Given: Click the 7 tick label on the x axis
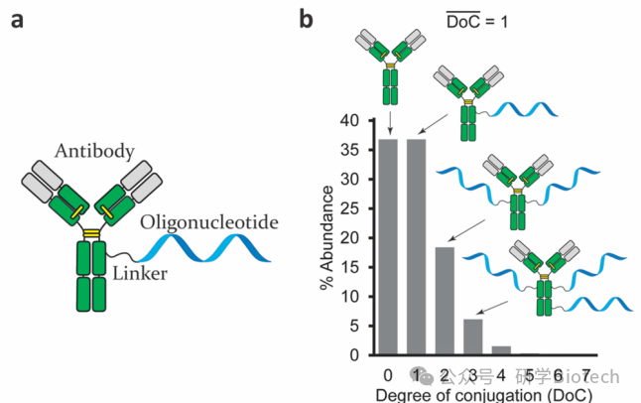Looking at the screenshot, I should click(587, 375).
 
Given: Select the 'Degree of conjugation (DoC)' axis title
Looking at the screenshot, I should click(487, 394).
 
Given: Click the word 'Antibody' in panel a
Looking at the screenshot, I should click(94, 151).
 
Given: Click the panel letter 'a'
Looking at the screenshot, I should click(19, 19).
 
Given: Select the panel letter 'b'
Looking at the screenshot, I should click(307, 19).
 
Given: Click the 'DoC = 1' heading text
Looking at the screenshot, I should click(474, 20).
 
